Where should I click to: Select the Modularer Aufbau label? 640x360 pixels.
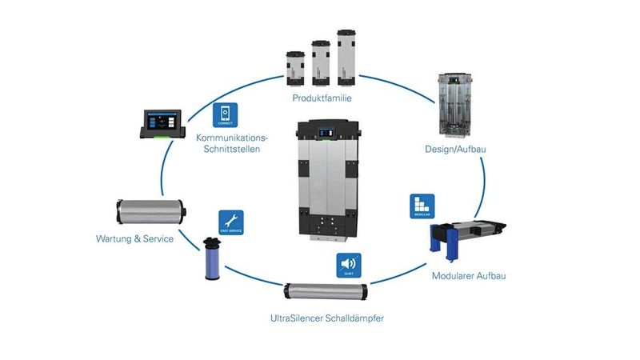click(467, 276)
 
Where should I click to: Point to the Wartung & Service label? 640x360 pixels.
click(134, 238)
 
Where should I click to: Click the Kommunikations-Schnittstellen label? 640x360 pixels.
click(232, 144)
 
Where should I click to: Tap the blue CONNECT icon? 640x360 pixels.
click(225, 114)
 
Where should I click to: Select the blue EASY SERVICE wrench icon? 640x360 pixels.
click(230, 222)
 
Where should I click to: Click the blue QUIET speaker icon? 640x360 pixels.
click(348, 265)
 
